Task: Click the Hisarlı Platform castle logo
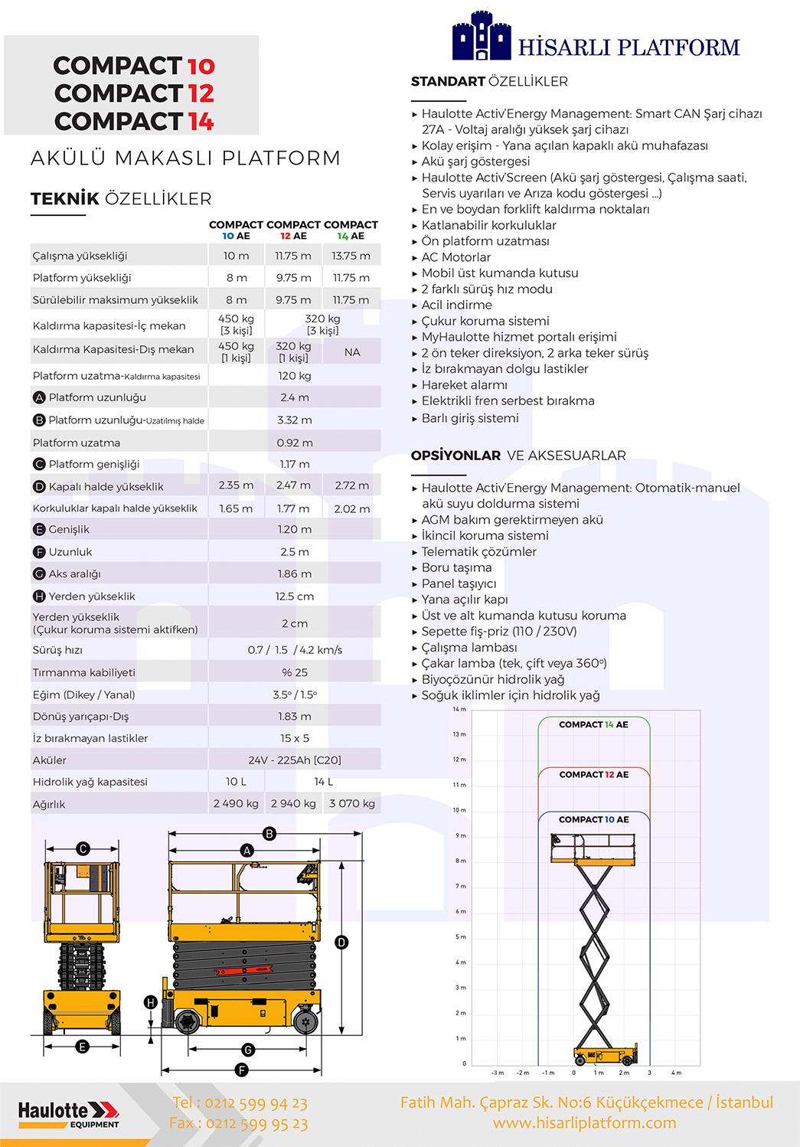[x=481, y=36]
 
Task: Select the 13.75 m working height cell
[x=351, y=256]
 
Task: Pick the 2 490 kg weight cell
[x=236, y=803]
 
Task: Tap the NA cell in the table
[x=352, y=352]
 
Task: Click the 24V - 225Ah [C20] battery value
[x=294, y=760]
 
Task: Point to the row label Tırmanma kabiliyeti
[x=84, y=672]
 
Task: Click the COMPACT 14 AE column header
[x=351, y=230]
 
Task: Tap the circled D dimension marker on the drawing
[x=341, y=943]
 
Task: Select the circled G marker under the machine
[x=247, y=1050]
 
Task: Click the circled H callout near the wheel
[x=151, y=1002]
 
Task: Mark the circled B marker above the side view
[x=269, y=834]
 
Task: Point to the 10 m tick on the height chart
[x=459, y=810]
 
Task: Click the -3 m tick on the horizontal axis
[x=498, y=1073]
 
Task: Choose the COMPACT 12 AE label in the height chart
[x=593, y=775]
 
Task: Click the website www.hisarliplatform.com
[x=584, y=1122]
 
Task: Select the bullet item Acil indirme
[x=456, y=305]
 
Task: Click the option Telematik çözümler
[x=478, y=551]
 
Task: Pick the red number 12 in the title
[x=201, y=93]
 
